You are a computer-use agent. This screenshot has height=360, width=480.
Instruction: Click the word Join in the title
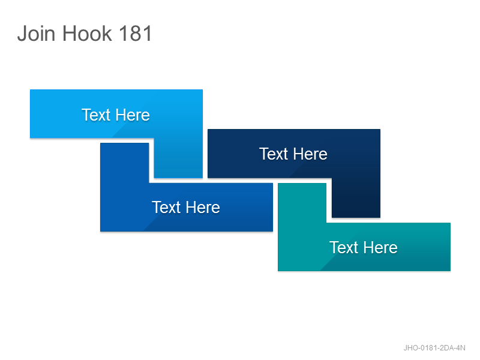[x=37, y=34]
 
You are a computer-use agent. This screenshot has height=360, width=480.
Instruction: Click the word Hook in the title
[x=87, y=34]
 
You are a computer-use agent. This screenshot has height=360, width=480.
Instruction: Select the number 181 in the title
[x=136, y=34]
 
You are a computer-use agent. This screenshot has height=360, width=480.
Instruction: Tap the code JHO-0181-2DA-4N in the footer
[x=434, y=348]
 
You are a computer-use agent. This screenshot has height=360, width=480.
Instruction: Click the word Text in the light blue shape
[x=96, y=115]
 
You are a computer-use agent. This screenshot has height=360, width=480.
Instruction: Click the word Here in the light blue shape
[x=133, y=115]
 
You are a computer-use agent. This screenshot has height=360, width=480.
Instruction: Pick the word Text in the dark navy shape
[x=274, y=154]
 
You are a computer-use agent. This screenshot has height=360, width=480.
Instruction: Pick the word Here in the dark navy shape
[x=310, y=154]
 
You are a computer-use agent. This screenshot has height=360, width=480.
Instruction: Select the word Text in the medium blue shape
[x=166, y=207]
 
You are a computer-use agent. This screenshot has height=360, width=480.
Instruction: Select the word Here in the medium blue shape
[x=203, y=207]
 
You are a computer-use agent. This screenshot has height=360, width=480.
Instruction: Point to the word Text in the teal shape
[x=343, y=247]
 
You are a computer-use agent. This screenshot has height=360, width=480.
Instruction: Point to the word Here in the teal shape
[x=380, y=247]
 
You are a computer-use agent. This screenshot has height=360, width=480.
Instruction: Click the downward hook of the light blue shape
[x=178, y=158]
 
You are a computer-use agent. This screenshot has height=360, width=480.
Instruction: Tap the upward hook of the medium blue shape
[x=125, y=163]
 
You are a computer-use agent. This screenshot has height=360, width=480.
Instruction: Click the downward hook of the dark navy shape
[x=356, y=198]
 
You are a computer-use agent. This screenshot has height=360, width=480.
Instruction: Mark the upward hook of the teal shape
[x=302, y=203]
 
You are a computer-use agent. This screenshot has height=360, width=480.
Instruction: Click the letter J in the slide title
[x=22, y=34]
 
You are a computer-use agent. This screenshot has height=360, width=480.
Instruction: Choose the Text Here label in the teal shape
[x=364, y=247]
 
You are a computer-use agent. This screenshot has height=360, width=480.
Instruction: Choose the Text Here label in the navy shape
[x=293, y=154]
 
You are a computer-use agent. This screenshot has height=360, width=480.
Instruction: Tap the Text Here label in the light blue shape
[x=116, y=115]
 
